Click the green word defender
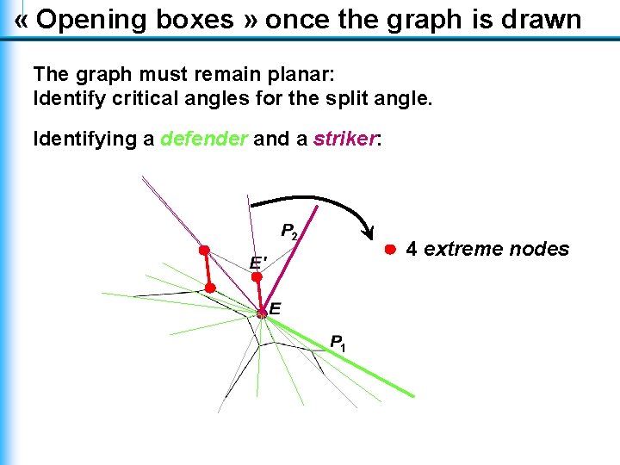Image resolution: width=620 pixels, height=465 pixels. (x=203, y=139)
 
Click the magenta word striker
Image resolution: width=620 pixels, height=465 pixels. (x=344, y=139)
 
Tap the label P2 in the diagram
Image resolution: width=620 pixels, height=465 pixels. (x=290, y=232)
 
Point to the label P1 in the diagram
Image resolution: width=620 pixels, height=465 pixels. (x=338, y=342)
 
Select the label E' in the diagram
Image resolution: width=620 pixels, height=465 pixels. (x=257, y=262)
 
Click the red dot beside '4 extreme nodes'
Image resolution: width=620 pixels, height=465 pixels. (x=389, y=249)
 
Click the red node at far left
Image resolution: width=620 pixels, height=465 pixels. (x=204, y=250)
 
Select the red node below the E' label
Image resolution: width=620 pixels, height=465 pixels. (x=257, y=277)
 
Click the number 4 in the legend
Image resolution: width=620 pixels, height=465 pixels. (x=412, y=250)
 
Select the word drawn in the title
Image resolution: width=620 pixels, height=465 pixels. (x=542, y=20)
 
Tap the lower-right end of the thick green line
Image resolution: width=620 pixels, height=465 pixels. (x=412, y=395)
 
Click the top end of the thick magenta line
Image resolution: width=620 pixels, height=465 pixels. (x=318, y=207)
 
